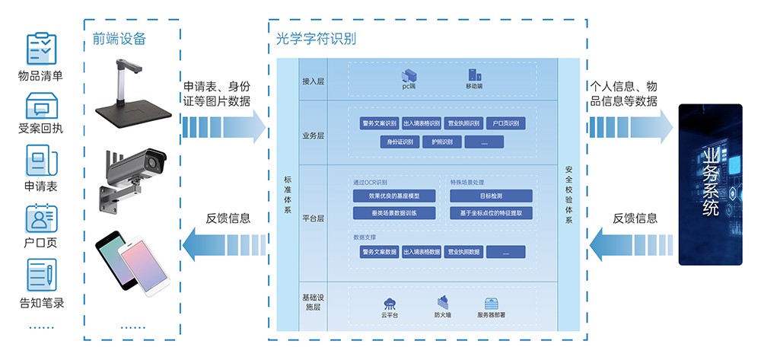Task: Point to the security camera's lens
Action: point(157,161)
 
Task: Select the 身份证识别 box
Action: point(400,142)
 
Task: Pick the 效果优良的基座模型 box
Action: point(393,196)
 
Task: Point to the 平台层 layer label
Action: point(313,218)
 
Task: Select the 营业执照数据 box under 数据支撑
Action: point(463,252)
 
